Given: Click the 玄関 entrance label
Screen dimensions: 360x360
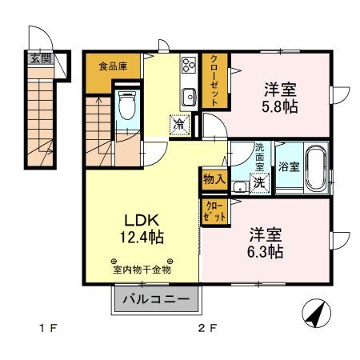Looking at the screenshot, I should [40, 58].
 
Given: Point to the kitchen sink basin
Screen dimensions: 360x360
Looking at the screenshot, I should [189, 98].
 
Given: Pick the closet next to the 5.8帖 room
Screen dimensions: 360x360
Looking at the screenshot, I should [216, 80].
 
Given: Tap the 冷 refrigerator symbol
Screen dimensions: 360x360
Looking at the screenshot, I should [179, 125].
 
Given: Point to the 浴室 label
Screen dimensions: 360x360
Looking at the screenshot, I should [289, 168].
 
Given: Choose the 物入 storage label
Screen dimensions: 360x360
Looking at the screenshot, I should [213, 179].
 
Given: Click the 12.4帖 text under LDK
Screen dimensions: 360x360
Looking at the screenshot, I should [143, 237].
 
